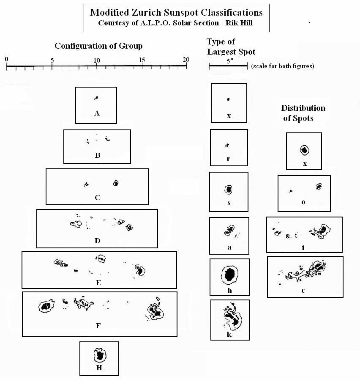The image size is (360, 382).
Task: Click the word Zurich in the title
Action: [146, 12]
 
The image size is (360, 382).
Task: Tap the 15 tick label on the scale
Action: [142, 60]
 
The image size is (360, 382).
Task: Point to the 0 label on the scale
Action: [7, 60]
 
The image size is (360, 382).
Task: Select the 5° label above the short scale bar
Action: [229, 61]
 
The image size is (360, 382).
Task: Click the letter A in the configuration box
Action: [97, 113]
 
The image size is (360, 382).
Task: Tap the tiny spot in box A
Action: [96, 98]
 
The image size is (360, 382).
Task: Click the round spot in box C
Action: [116, 183]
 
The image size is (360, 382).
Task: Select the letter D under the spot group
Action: [97, 241]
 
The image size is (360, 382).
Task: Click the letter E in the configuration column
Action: [98, 283]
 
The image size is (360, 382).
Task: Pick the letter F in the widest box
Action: [98, 326]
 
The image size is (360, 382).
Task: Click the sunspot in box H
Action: [100, 355]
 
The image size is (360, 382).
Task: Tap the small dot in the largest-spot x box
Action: [228, 99]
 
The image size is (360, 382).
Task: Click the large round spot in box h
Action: [229, 275]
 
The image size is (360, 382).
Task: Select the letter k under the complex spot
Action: [229, 334]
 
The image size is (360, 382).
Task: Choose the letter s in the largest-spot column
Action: [229, 203]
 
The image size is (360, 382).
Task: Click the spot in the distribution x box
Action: [304, 150]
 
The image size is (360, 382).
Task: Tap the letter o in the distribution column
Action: [303, 202]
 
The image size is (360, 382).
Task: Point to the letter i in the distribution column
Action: [303, 247]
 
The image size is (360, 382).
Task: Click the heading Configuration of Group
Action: [98, 46]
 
